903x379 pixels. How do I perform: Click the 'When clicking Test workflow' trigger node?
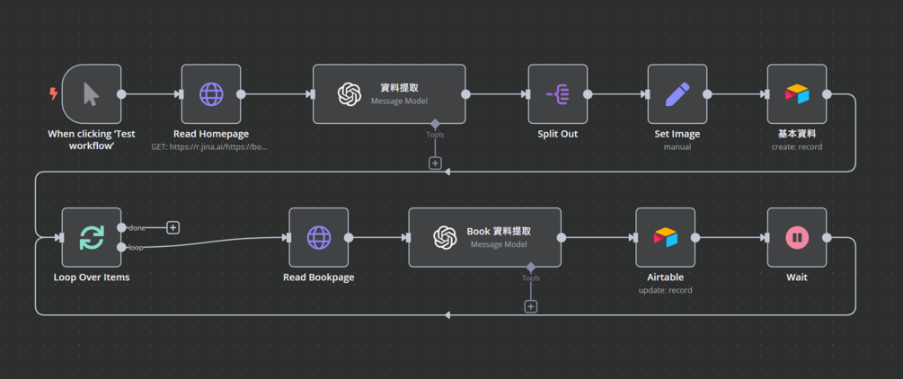click(x=92, y=93)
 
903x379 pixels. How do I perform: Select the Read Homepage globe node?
click(x=211, y=93)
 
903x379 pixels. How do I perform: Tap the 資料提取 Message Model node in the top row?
click(x=389, y=93)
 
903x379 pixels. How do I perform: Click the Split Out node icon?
click(x=557, y=93)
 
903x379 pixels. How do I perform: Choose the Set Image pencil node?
click(x=677, y=93)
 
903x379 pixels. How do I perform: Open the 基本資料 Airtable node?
click(x=797, y=93)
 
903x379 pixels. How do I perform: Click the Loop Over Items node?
click(x=92, y=237)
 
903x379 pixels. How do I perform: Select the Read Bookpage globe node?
click(x=319, y=237)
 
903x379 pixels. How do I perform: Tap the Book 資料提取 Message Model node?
click(x=484, y=237)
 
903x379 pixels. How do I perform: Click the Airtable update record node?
click(x=665, y=237)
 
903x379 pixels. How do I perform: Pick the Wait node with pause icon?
click(x=797, y=237)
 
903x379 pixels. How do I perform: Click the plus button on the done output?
click(x=173, y=227)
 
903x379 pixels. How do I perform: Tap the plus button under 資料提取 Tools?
click(x=435, y=163)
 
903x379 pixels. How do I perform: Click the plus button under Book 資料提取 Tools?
click(x=531, y=307)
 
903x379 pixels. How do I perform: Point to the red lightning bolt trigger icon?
click(x=54, y=93)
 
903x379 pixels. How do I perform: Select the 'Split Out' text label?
click(x=557, y=134)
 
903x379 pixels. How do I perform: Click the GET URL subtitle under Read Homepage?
click(x=210, y=146)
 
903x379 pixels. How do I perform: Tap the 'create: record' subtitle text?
click(x=796, y=146)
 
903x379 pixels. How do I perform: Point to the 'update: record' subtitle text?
click(x=665, y=290)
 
